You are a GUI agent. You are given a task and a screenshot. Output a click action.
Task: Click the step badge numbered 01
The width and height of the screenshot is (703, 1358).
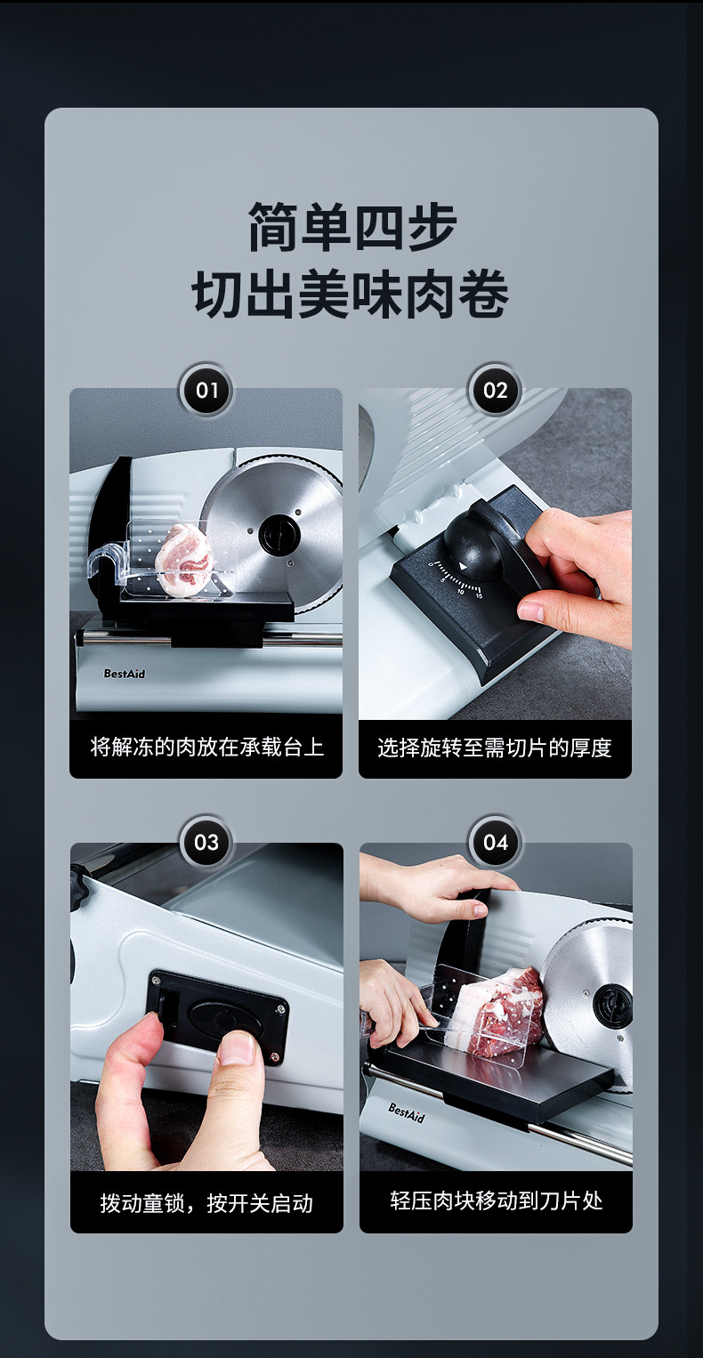[206, 390]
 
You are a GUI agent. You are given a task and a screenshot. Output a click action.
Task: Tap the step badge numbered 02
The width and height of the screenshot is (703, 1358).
[495, 390]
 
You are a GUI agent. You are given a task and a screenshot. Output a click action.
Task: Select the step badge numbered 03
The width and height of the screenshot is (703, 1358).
[206, 842]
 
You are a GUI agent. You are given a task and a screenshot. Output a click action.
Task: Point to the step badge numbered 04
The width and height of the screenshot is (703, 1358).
[495, 842]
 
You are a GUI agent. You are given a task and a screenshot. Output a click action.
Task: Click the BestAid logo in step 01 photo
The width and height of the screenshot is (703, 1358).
[125, 673]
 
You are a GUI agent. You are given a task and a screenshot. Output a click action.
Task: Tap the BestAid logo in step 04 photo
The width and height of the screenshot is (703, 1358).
[406, 1112]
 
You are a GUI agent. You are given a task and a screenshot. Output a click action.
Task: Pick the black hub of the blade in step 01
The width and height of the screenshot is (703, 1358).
[279, 535]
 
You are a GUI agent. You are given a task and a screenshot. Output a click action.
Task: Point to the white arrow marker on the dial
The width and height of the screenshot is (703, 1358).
[463, 566]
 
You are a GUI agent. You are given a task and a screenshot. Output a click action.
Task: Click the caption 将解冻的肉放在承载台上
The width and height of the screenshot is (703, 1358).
[206, 747]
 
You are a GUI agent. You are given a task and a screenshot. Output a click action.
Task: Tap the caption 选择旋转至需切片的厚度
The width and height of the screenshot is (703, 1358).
[495, 748]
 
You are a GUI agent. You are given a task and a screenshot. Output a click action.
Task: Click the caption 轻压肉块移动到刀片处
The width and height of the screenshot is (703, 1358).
[497, 1200]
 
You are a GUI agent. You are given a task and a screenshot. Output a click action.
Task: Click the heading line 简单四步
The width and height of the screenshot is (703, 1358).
[351, 227]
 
